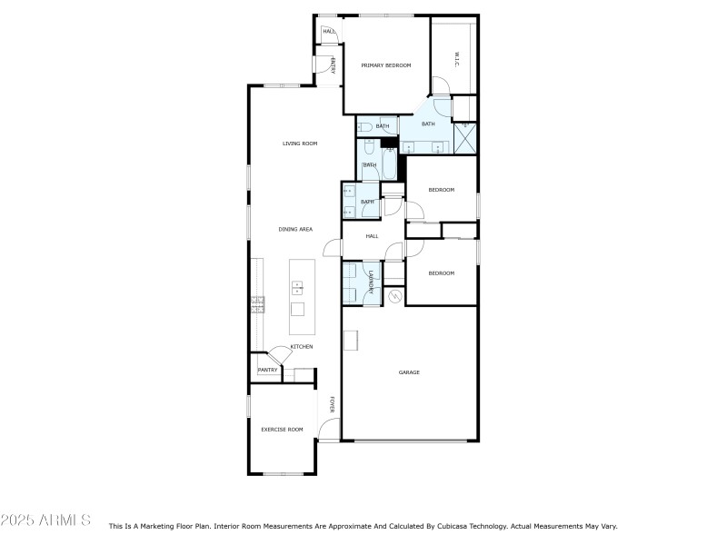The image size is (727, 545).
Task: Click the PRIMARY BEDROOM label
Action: pyautogui.click(x=386, y=65)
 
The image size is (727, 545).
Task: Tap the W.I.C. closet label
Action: pyautogui.click(x=456, y=60)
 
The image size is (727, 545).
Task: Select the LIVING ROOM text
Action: pyautogui.click(x=299, y=144)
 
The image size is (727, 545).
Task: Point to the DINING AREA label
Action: pyautogui.click(x=295, y=230)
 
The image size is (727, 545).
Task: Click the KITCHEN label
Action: pyautogui.click(x=302, y=347)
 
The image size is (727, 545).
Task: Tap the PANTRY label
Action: pyautogui.click(x=267, y=370)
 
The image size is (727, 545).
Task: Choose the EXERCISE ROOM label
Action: pyautogui.click(x=282, y=429)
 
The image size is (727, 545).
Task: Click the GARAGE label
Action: pyautogui.click(x=409, y=372)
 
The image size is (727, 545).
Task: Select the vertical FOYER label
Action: pyautogui.click(x=332, y=405)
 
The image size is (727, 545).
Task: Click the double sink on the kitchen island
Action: pyautogui.click(x=297, y=288)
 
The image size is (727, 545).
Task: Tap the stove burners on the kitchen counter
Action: pyautogui.click(x=257, y=304)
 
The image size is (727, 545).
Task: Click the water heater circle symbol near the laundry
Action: pyautogui.click(x=394, y=296)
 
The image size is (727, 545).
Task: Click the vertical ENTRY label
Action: pyautogui.click(x=333, y=64)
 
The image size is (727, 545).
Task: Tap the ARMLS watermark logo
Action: pyautogui.click(x=45, y=520)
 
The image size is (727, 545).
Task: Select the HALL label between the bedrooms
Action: pyautogui.click(x=372, y=236)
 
